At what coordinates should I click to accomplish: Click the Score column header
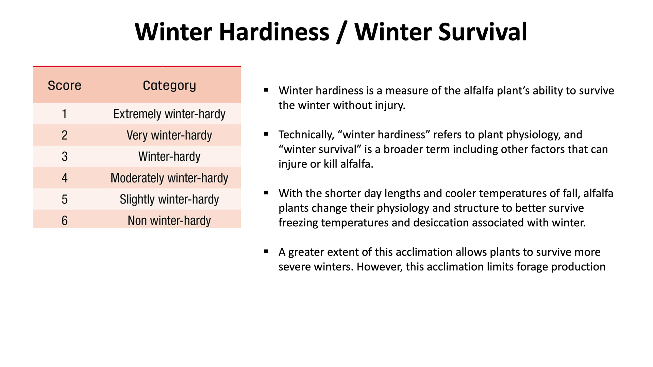pyautogui.click(x=64, y=85)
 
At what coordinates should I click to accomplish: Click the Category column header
pyautogui.click(x=169, y=86)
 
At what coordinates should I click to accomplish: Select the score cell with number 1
pyautogui.click(x=64, y=114)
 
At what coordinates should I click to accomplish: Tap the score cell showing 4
pyautogui.click(x=64, y=178)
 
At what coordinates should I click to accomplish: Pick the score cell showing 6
pyautogui.click(x=64, y=221)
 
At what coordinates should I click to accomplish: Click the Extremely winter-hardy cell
pyautogui.click(x=169, y=114)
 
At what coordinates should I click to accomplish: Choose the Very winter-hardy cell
pyautogui.click(x=169, y=135)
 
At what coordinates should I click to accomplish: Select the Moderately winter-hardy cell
pyautogui.click(x=169, y=178)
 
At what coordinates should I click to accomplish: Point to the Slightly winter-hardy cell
pyautogui.click(x=169, y=199)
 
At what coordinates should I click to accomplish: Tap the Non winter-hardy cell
pyautogui.click(x=169, y=221)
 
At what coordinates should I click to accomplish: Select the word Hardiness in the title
pyautogui.click(x=274, y=32)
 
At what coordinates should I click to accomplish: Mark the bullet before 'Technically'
pyautogui.click(x=266, y=134)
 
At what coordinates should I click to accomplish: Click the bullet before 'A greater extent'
pyautogui.click(x=266, y=252)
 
